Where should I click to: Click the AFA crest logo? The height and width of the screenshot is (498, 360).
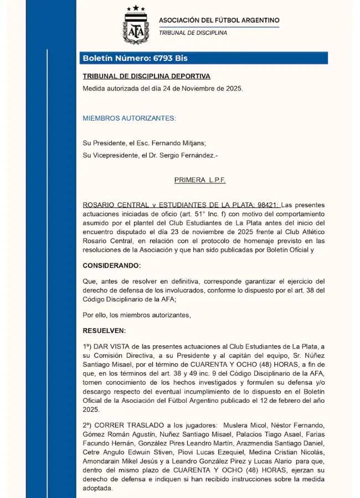(136, 28)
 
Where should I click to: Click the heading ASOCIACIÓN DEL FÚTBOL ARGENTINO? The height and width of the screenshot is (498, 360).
(219, 20)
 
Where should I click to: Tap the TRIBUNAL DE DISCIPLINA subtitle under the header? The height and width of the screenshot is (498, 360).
(193, 33)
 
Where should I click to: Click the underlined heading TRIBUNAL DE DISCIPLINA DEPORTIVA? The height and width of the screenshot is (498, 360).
(146, 76)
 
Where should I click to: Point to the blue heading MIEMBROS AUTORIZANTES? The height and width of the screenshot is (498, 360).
(129, 118)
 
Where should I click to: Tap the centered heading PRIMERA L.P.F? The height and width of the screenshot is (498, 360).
(200, 180)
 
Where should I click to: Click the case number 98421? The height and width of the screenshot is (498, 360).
(266, 205)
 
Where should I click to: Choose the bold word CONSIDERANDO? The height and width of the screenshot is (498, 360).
(112, 266)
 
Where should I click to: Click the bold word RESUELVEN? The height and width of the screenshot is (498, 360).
(104, 331)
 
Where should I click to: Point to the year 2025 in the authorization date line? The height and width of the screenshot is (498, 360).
(232, 89)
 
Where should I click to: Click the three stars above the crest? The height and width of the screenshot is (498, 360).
(136, 8)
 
